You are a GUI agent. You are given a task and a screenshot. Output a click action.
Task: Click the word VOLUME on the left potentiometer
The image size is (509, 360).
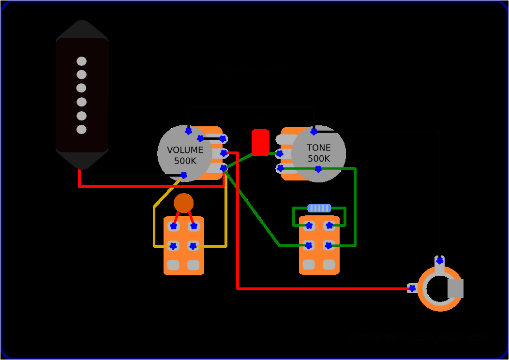pyautogui.click(x=185, y=150)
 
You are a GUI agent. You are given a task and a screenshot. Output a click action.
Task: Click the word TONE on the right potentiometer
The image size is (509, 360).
pyautogui.click(x=319, y=148)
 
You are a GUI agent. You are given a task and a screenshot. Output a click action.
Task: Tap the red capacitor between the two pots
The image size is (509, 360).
pyautogui.click(x=260, y=142)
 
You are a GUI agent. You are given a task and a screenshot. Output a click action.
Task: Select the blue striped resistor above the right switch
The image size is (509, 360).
pyautogui.click(x=319, y=208)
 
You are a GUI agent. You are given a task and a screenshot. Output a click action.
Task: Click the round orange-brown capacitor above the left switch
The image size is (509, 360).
pyautogui.click(x=184, y=203)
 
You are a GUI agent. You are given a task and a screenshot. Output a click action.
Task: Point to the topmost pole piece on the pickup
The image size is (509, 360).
pyautogui.click(x=81, y=61)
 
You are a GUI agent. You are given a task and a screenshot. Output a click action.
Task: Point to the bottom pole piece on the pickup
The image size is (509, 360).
pyautogui.click(x=81, y=129)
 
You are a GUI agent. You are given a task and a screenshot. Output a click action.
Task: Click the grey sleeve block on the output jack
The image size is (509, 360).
pyautogui.click(x=455, y=288)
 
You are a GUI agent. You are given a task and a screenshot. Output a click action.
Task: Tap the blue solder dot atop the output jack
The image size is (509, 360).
pyautogui.click(x=439, y=260)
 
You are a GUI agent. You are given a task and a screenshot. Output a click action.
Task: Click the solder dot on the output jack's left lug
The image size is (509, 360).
pyautogui.click(x=412, y=288)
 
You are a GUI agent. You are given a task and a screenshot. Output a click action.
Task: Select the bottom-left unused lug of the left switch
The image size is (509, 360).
pyautogui.click(x=173, y=265)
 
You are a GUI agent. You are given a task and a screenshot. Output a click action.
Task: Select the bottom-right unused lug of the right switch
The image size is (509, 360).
pyautogui.click(x=329, y=265)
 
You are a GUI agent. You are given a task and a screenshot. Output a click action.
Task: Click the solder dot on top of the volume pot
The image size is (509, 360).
pyautogui.click(x=188, y=131)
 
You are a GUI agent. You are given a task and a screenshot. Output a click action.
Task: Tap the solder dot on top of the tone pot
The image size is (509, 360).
pyautogui.click(x=314, y=131)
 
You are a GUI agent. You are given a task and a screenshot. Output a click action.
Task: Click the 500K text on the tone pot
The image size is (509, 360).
pyautogui.click(x=319, y=159)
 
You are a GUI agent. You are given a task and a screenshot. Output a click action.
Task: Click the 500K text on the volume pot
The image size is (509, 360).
pyautogui.click(x=185, y=161)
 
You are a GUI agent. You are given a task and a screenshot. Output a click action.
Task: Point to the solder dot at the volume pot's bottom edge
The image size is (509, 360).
pyautogui.click(x=183, y=175)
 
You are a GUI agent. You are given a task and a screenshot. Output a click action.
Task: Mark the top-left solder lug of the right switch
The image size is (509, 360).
pyautogui.click(x=309, y=225)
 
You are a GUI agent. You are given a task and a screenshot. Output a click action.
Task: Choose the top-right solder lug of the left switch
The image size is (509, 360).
pyautogui.click(x=194, y=226)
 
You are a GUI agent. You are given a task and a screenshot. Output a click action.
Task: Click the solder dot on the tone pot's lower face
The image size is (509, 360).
pyautogui.click(x=318, y=169)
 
